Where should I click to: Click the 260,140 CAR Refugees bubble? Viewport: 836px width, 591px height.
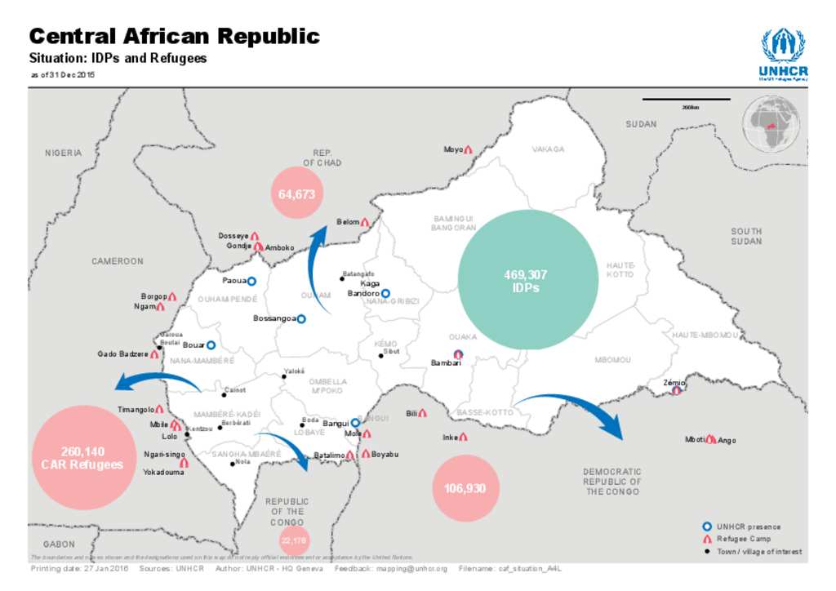pos(82,458)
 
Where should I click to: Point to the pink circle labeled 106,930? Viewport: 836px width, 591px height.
pos(465,488)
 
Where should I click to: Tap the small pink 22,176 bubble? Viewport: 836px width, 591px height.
pos(294,540)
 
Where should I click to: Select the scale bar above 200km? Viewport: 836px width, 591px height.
pos(686,100)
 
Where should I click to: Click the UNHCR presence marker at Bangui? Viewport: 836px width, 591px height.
pos(355,423)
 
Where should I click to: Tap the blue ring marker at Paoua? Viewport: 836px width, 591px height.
pos(251,281)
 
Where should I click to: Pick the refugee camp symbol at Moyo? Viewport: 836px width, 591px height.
pos(469,150)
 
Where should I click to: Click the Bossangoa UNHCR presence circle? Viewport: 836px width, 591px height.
pos(301,318)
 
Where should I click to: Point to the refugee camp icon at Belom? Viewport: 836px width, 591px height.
pos(365,222)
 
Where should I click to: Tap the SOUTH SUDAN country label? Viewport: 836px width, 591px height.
pos(746,236)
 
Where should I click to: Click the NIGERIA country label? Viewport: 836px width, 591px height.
pos(64,153)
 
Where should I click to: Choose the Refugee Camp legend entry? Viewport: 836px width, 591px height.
pos(741,539)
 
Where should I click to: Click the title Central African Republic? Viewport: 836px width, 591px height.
pos(174,36)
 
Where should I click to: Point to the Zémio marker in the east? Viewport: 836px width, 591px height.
pos(676,391)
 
